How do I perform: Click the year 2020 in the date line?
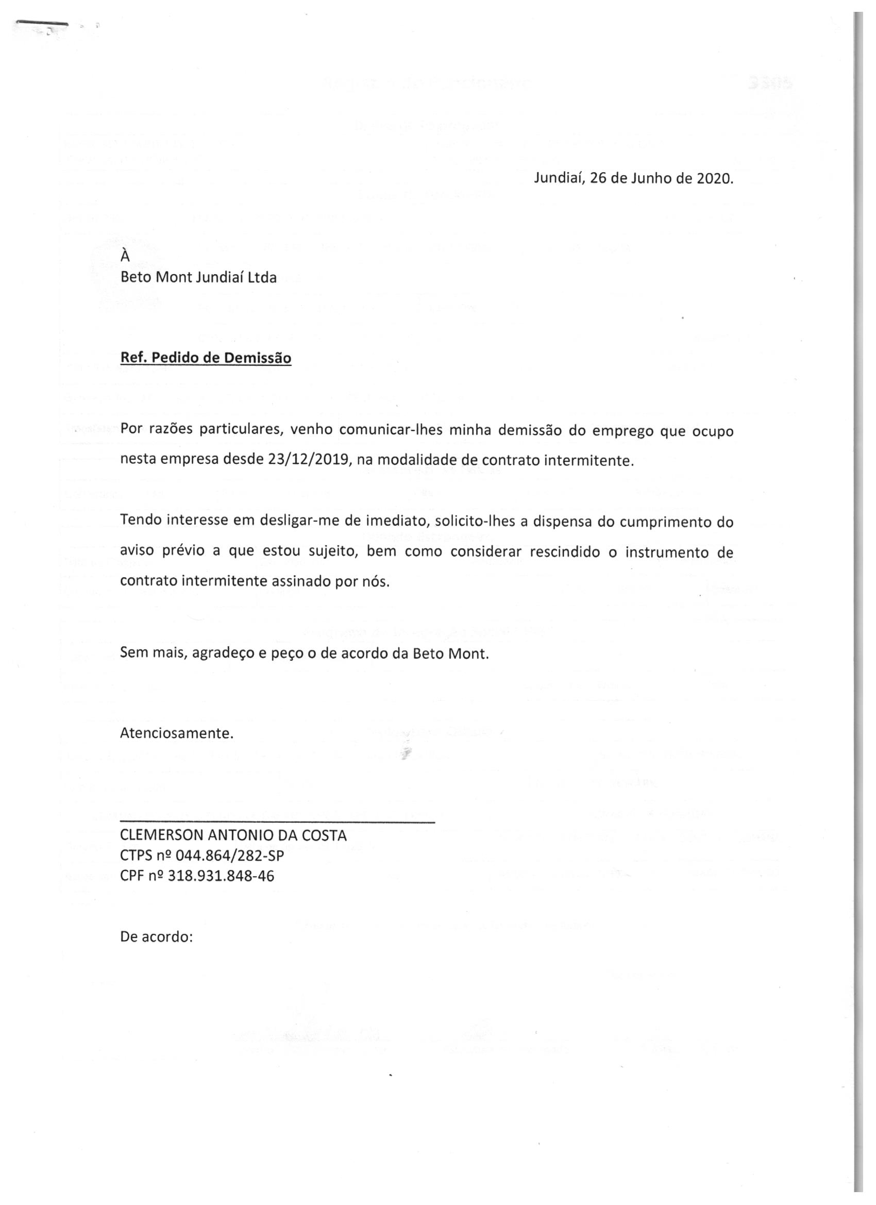pyautogui.click(x=715, y=178)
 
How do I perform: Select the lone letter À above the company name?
pyautogui.click(x=125, y=256)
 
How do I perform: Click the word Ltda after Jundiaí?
pyautogui.click(x=261, y=277)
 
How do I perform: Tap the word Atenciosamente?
pyautogui.click(x=177, y=733)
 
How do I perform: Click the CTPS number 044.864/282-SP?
pyautogui.click(x=226, y=856)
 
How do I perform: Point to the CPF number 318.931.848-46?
pyautogui.click(x=221, y=876)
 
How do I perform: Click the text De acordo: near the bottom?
pyautogui.click(x=156, y=936)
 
